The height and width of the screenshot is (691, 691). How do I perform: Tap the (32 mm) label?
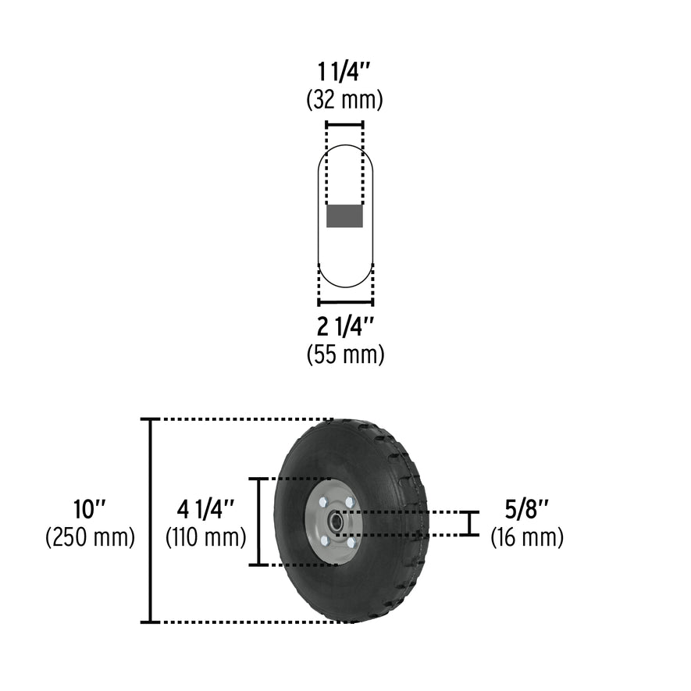pos(345,100)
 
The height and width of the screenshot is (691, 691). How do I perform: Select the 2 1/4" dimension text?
pos(345,326)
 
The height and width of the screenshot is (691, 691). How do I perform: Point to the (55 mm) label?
pos(345,354)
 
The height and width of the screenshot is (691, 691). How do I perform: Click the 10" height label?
pos(89,510)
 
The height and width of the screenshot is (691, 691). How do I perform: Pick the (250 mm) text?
pos(89,537)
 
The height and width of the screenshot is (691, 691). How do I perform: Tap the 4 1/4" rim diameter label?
pos(205,510)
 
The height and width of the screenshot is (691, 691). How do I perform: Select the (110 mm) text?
pos(205,537)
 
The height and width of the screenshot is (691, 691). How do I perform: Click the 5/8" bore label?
pos(526,510)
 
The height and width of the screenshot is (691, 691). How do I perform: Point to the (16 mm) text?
pos(526,537)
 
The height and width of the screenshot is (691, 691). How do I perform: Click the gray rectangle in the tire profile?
pos(344,216)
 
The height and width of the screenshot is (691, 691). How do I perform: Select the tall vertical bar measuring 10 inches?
pos(150,521)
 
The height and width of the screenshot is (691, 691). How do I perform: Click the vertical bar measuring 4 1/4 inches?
pos(259,521)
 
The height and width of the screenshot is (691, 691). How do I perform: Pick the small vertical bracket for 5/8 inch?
pos(468,523)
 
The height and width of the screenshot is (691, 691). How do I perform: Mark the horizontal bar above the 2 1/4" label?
pos(345,302)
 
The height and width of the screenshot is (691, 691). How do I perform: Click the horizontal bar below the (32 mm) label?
pos(344,124)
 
